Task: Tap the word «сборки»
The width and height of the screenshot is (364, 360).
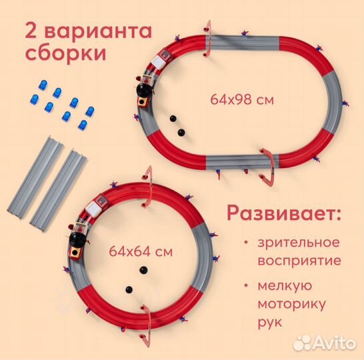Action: (67, 55)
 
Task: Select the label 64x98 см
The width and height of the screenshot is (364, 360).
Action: (242, 101)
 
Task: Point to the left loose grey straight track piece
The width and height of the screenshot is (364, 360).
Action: (37, 174)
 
